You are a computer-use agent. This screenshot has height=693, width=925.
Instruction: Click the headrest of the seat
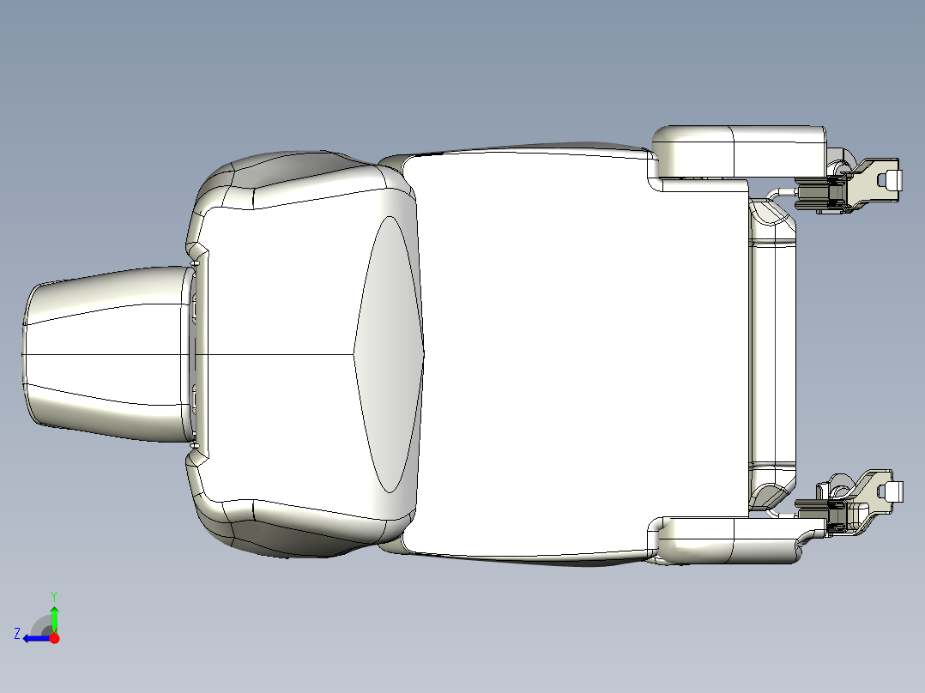coord(103,353)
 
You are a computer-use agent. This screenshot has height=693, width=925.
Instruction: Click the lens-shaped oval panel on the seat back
coord(390,353)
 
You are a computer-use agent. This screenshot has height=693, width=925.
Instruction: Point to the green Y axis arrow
coord(54,618)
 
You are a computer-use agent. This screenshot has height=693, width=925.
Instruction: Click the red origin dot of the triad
coord(54,637)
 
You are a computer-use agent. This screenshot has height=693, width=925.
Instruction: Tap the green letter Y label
coord(53,595)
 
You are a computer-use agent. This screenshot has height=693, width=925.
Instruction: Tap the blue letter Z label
coord(17,633)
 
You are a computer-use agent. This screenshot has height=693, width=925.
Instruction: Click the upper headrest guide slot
coord(194,304)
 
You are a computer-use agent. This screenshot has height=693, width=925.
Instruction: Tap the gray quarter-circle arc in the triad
coord(40,624)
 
